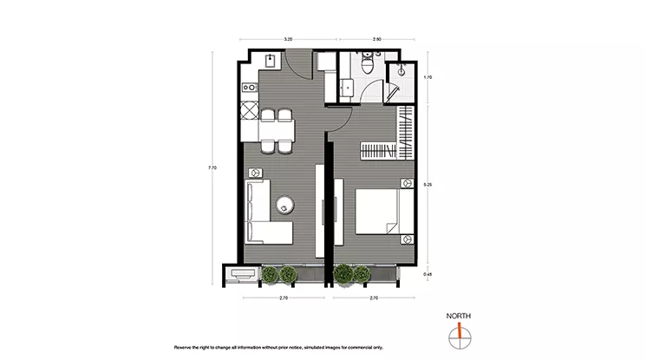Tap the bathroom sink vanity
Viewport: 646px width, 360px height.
pyautogui.click(x=349, y=87)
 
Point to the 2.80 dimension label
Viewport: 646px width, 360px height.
pyautogui.click(x=377, y=39)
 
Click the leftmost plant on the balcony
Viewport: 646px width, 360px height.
pyautogui.click(x=269, y=275)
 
